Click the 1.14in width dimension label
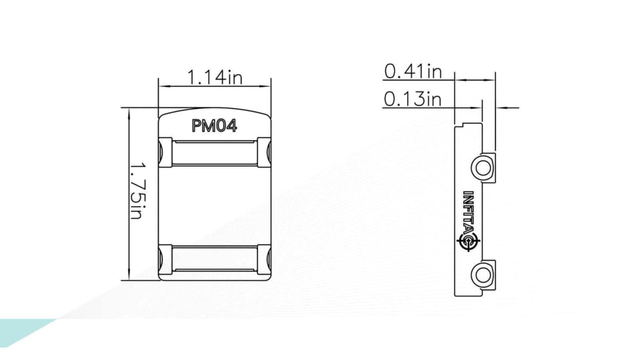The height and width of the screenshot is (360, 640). (x=215, y=77)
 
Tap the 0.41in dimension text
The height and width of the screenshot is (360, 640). (x=413, y=71)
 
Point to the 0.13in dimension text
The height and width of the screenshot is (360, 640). (x=413, y=99)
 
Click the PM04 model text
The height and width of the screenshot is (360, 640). (x=214, y=126)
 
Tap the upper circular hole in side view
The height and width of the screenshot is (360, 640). (x=483, y=167)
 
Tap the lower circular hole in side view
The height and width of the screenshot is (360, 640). (x=483, y=274)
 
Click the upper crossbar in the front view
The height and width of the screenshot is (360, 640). (x=215, y=152)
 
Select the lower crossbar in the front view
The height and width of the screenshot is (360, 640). (x=215, y=259)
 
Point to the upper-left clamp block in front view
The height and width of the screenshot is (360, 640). (x=166, y=152)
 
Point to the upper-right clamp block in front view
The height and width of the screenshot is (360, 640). (x=264, y=152)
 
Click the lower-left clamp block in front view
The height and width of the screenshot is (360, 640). (x=166, y=259)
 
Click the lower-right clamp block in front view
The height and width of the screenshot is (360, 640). (x=264, y=259)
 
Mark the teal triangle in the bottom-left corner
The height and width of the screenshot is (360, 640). (x=20, y=331)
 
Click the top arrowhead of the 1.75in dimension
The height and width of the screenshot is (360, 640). (x=130, y=113)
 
